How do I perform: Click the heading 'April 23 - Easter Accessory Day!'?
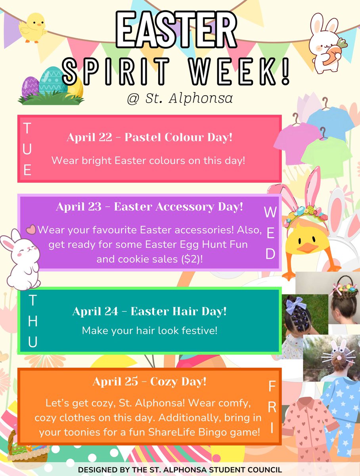149,207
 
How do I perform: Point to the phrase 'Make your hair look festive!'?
149,330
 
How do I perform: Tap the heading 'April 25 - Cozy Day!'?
149,382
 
